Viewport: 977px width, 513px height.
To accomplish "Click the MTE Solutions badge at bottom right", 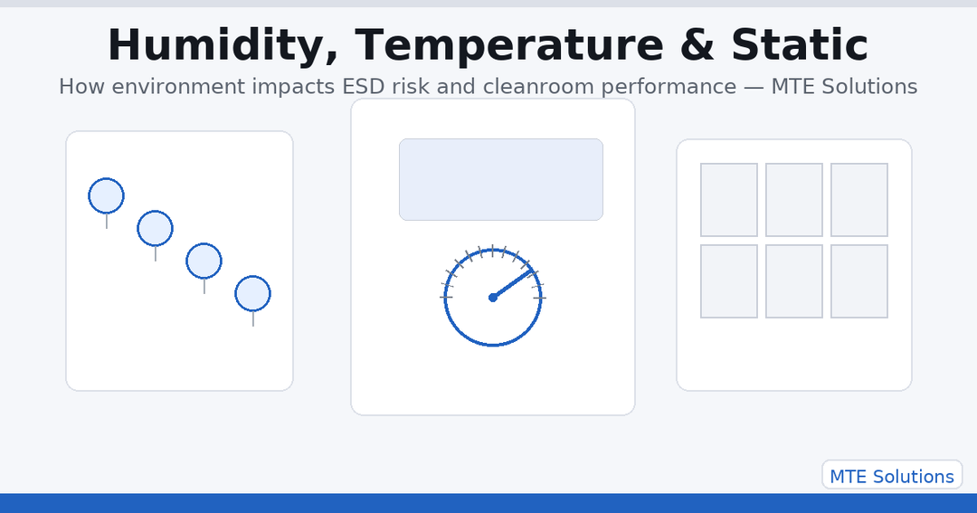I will [891, 476].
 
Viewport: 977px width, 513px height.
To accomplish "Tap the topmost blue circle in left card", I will [106, 195].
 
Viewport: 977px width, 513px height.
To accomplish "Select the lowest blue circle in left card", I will [252, 294].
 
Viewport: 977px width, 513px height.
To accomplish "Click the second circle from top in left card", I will [155, 228].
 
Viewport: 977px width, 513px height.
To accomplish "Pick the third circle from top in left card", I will [204, 261].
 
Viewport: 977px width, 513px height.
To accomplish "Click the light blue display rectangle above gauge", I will [501, 179].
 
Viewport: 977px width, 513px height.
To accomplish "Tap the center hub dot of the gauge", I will [493, 297].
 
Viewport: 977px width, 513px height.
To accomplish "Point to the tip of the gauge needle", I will [533, 270].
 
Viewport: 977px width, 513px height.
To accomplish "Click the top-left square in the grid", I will [729, 200].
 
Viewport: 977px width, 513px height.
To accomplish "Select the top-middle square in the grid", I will [794, 200].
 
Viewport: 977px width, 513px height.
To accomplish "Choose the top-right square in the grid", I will [859, 200].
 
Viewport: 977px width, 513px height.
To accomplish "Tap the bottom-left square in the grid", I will [729, 281].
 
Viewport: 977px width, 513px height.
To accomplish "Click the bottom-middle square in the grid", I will [794, 281].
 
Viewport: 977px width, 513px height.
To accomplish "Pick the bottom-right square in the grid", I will [859, 281].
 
